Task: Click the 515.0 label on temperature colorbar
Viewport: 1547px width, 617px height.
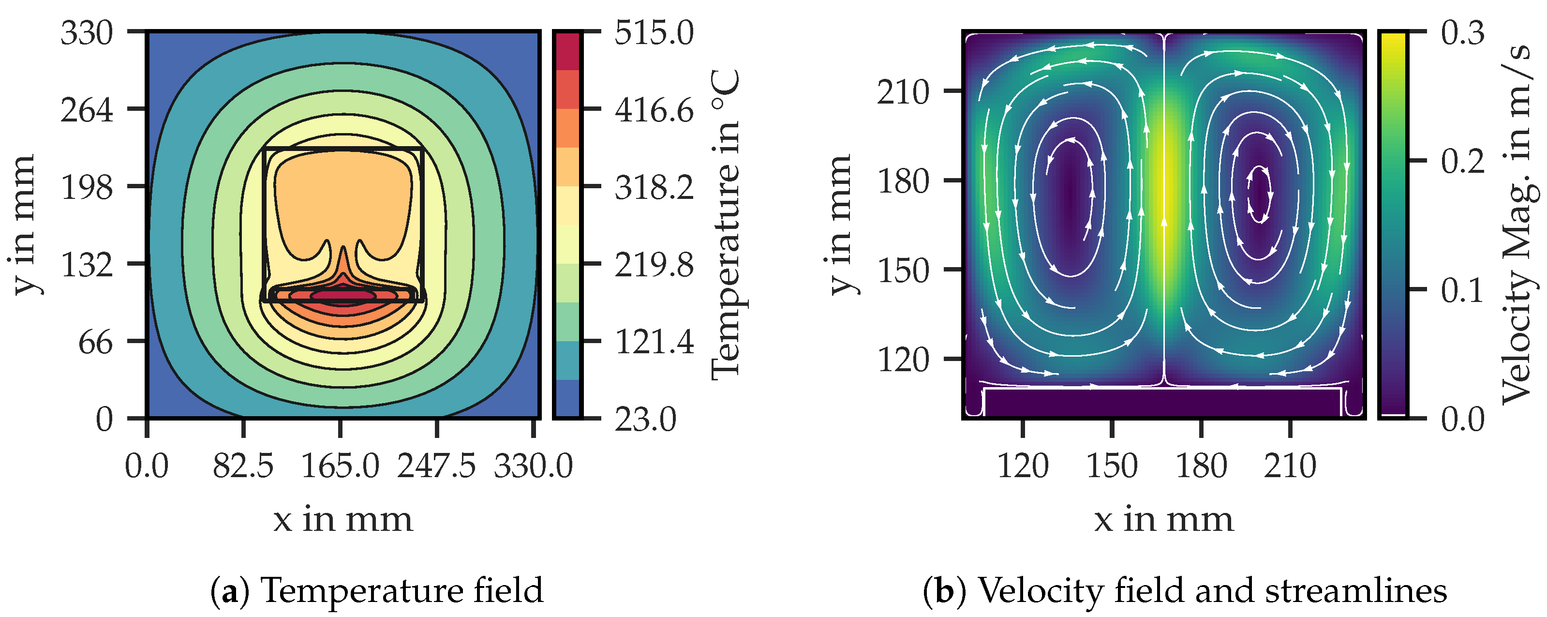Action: [654, 32]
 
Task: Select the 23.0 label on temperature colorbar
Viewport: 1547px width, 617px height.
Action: [645, 419]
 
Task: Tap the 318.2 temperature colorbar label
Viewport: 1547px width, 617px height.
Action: [654, 187]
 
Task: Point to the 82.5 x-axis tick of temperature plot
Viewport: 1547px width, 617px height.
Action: [243, 466]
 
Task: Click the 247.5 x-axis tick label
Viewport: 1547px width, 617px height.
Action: [436, 466]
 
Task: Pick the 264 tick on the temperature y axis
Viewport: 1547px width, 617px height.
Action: [87, 110]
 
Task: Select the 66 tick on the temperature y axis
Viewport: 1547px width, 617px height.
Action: [95, 342]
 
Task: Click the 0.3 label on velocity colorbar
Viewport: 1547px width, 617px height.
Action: [1463, 32]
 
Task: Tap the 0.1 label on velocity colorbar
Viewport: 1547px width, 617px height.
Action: [1463, 290]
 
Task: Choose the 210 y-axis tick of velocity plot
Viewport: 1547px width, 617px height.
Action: [903, 92]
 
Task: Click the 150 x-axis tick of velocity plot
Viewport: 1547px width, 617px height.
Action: [1112, 466]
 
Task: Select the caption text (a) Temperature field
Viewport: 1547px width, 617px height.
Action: [377, 590]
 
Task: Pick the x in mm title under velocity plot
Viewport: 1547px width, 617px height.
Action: [1163, 520]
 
